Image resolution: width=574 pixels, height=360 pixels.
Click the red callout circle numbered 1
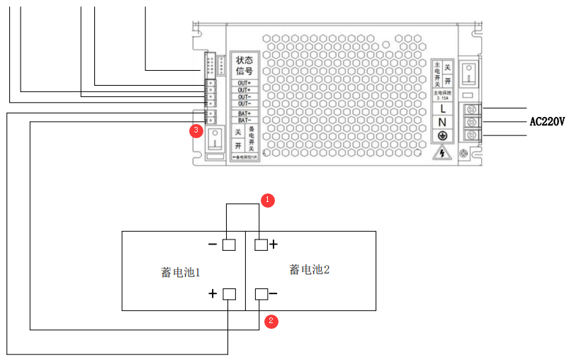click(x=267, y=200)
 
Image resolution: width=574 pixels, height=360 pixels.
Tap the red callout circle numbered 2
click(x=271, y=321)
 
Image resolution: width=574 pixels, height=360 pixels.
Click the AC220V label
click(x=547, y=121)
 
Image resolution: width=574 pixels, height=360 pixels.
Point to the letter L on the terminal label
click(x=442, y=108)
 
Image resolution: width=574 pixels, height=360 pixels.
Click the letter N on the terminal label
click(x=442, y=122)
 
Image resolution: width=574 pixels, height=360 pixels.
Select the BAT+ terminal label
click(x=244, y=113)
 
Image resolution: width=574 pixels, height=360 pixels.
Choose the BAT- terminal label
click(x=244, y=120)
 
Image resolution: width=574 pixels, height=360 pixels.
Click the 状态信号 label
click(x=244, y=65)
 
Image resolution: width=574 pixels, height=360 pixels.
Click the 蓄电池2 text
click(x=310, y=269)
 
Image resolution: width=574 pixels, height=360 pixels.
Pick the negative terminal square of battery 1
click(x=229, y=245)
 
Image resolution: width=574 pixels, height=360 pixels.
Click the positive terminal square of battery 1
click(x=229, y=293)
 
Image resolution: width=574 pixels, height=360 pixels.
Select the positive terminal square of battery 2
click(x=260, y=245)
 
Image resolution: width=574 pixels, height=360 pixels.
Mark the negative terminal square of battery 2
click(x=260, y=293)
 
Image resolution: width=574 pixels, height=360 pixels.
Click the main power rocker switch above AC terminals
click(x=468, y=74)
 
